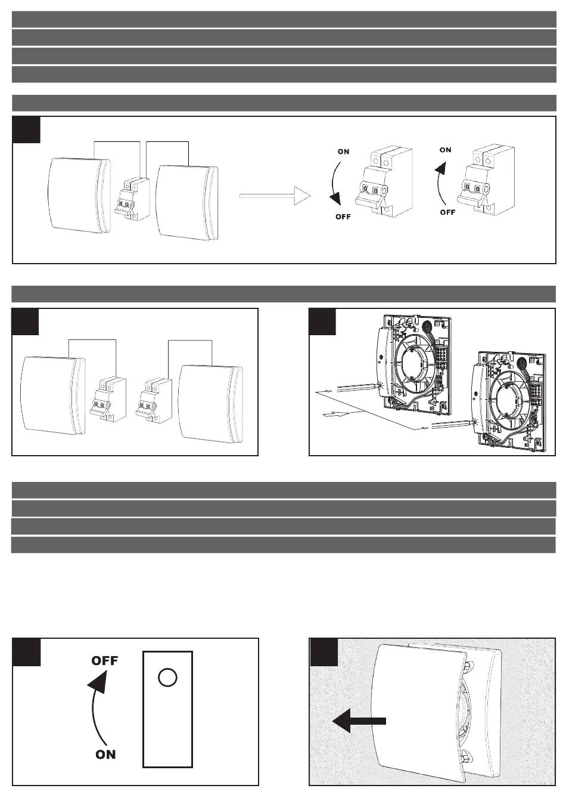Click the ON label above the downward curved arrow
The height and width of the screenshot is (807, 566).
click(343, 151)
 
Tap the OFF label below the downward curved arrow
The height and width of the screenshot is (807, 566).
click(343, 217)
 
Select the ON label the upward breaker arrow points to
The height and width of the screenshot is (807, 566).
click(445, 150)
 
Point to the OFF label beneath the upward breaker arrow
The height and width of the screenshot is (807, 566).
click(447, 212)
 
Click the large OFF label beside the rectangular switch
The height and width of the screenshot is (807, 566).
click(104, 661)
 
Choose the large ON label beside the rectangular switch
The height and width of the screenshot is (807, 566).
click(105, 755)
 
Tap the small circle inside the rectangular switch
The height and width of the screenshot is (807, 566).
click(167, 678)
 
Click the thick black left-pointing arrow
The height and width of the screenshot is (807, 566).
click(359, 721)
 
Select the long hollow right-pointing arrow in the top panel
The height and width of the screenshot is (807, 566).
click(275, 196)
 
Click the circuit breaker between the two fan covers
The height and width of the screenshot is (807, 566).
click(132, 199)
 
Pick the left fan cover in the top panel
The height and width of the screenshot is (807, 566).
click(79, 195)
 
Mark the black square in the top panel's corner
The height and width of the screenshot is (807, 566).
click(26, 129)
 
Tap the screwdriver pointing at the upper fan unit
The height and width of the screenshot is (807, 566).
click(357, 387)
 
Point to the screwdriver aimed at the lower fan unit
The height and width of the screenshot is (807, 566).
click(453, 423)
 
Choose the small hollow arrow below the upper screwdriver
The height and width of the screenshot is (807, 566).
click(337, 414)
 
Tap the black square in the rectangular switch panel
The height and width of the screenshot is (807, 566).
click(26, 653)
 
